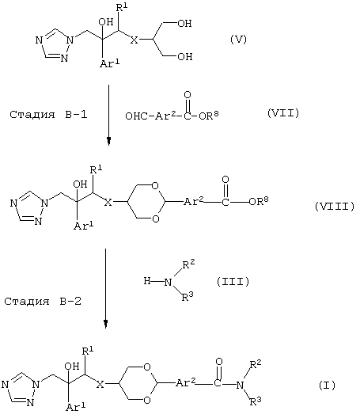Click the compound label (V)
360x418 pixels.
tap(238, 40)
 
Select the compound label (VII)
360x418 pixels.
tap(283, 113)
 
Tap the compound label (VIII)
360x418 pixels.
tap(335, 207)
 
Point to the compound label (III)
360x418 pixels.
tap(233, 282)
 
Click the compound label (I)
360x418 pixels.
tap(327, 386)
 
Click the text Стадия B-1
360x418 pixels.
tap(48, 115)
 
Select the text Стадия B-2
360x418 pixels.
tap(43, 302)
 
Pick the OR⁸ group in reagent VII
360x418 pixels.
tap(209, 115)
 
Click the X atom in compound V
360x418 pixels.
tap(135, 40)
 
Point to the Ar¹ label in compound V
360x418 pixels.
tap(109, 63)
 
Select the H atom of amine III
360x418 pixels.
tap(147, 281)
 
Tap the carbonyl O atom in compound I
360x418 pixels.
tap(219, 362)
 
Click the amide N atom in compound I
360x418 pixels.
tap(240, 385)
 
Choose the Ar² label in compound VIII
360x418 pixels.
tap(194, 201)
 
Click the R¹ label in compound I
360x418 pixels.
tap(88, 351)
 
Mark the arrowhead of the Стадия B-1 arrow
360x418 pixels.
tap(108, 142)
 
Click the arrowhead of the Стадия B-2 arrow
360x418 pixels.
tap(106, 324)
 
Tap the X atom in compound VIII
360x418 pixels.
tap(108, 203)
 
